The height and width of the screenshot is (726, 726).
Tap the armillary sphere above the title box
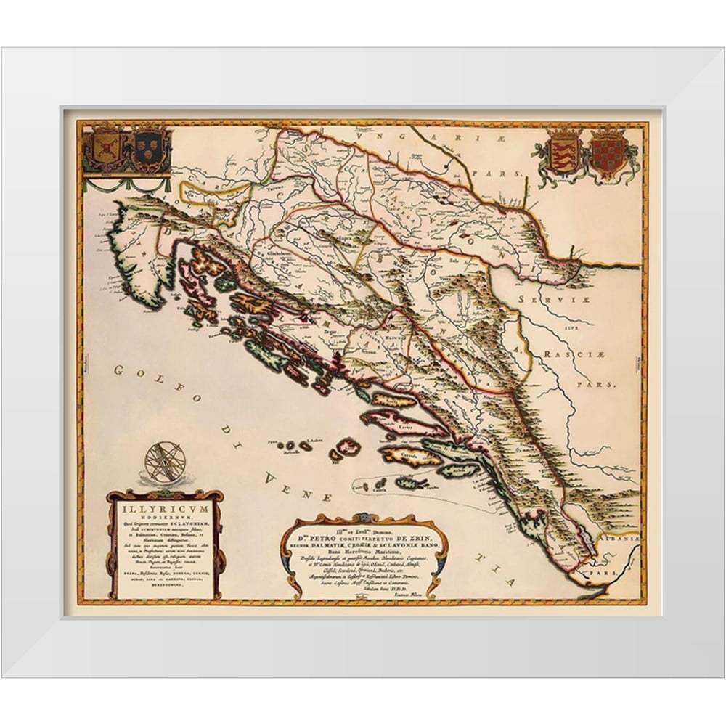[165, 462]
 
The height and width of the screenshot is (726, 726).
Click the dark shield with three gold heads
[147, 149]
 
